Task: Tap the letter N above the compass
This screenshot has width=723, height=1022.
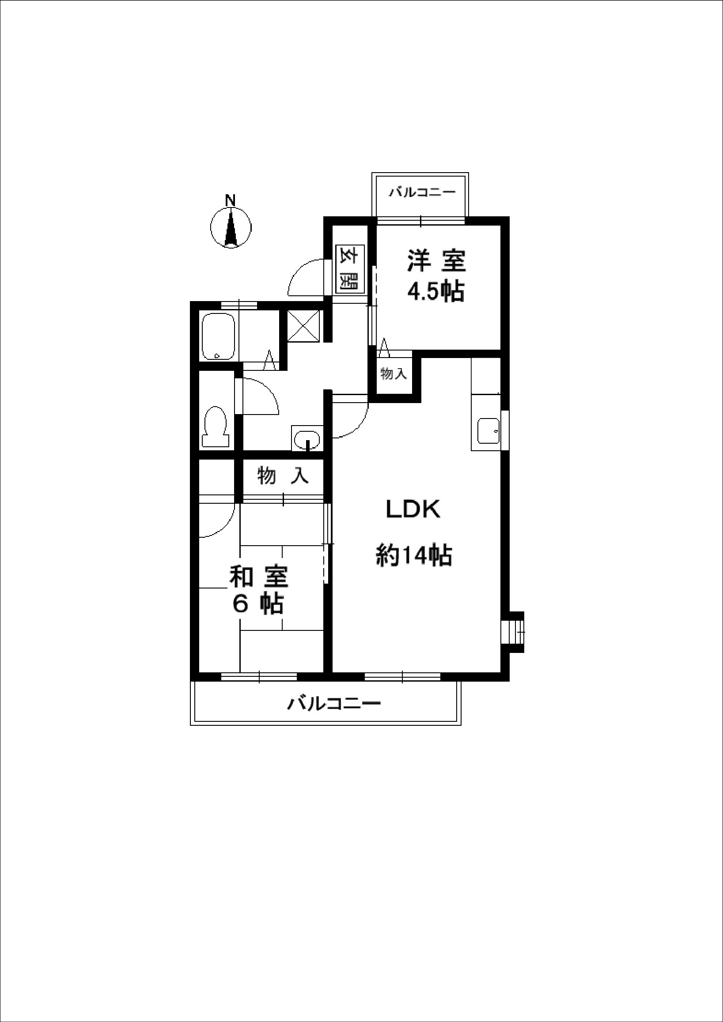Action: [230, 201]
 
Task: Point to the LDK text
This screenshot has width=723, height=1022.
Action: [413, 510]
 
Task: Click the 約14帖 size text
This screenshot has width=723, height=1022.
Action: [414, 555]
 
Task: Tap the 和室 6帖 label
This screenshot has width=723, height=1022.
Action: [259, 590]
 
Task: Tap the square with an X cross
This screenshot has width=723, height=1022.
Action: [303, 326]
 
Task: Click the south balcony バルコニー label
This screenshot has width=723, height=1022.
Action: [334, 704]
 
